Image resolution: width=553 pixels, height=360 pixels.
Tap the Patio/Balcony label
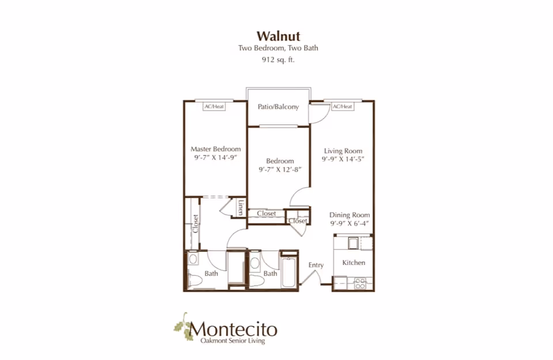pos(278,107)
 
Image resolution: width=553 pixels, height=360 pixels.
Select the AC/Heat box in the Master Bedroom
pos(214,107)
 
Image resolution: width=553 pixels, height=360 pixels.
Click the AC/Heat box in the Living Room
pos(342,107)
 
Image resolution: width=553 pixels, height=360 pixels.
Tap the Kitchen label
pos(354,263)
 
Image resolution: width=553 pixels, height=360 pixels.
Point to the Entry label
pos(316,266)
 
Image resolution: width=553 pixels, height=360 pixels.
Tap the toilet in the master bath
pos(194,281)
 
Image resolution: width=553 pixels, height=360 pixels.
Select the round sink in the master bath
pos(192,259)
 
